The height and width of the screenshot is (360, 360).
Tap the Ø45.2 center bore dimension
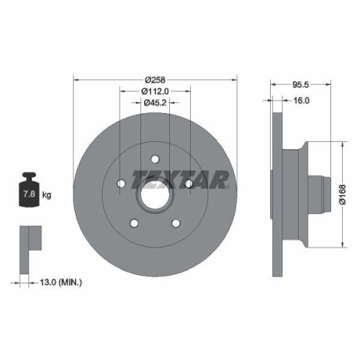point(154,103)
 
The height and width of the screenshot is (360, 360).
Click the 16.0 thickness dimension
point(302,101)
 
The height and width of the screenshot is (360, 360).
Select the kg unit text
point(47,194)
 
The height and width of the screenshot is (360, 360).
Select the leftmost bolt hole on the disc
point(120,185)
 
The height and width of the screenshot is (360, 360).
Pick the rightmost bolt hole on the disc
point(189,185)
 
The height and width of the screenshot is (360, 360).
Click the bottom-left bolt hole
point(133,224)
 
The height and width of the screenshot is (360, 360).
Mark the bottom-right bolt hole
point(176,224)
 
